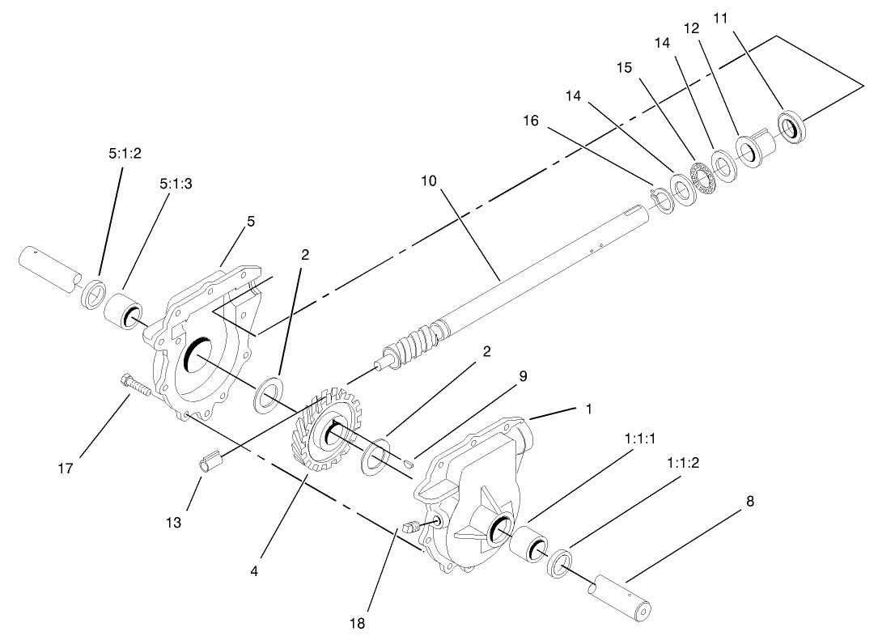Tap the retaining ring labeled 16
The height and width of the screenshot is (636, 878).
(x=662, y=200)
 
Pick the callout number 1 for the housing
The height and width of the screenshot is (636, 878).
(x=588, y=409)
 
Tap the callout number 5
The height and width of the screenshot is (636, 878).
(x=251, y=221)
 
